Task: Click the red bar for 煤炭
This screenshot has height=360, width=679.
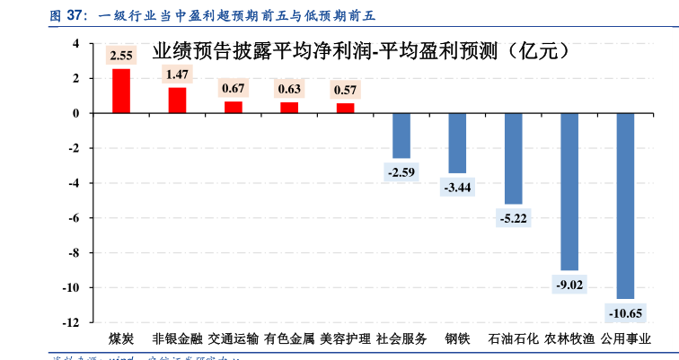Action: click(x=120, y=91)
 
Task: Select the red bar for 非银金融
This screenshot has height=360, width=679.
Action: click(x=177, y=101)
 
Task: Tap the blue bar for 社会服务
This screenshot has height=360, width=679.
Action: click(x=401, y=136)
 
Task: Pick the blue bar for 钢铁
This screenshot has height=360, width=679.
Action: click(x=457, y=143)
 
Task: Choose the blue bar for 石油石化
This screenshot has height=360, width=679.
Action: click(x=513, y=159)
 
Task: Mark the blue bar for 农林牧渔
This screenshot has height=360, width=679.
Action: click(x=569, y=192)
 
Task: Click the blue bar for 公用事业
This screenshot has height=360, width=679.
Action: click(x=625, y=206)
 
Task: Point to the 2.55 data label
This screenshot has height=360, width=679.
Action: click(x=120, y=56)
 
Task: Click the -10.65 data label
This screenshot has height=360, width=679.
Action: click(x=625, y=313)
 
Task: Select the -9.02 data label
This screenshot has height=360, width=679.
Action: click(x=569, y=285)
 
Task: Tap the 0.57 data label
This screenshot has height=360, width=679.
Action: click(x=345, y=90)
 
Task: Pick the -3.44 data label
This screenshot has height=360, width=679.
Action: click(x=457, y=188)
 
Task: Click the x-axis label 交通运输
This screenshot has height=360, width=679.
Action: click(x=233, y=339)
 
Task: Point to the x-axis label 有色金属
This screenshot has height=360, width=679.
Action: click(x=289, y=339)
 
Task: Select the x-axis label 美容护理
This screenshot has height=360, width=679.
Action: click(x=345, y=339)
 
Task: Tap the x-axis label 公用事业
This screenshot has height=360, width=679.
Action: click(x=625, y=339)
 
